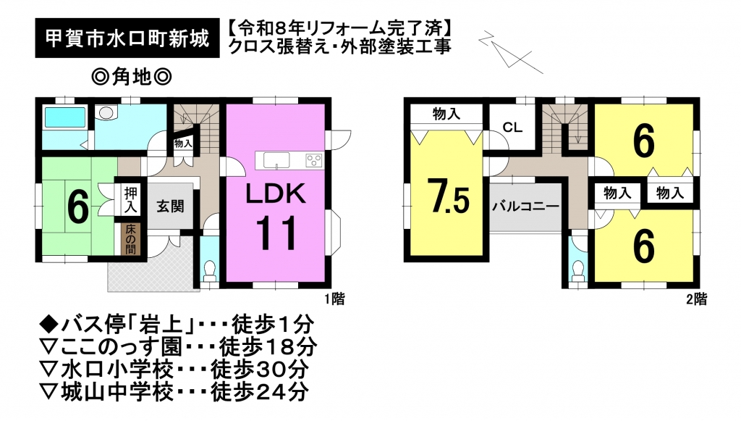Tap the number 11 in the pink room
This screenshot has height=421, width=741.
coord(276,233)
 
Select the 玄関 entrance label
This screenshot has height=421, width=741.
coord(170,207)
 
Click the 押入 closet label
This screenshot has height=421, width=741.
coord(130,200)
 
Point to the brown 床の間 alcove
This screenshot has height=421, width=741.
coord(130,239)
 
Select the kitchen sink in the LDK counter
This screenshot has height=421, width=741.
coord(277,161)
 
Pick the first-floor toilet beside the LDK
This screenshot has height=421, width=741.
coord(208,270)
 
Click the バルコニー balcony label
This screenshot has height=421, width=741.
coord(525,207)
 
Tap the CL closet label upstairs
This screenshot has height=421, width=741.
coord(512,128)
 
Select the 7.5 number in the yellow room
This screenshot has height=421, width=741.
coord(449,196)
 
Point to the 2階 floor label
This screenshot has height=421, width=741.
coord(697,299)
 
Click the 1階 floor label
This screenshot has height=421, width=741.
coord(334,299)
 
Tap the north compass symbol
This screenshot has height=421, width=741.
coord(509,51)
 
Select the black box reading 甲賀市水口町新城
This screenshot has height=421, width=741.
coord(127,38)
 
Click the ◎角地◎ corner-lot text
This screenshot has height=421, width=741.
coord(132,76)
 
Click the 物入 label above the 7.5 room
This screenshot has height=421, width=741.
coord(446,114)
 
